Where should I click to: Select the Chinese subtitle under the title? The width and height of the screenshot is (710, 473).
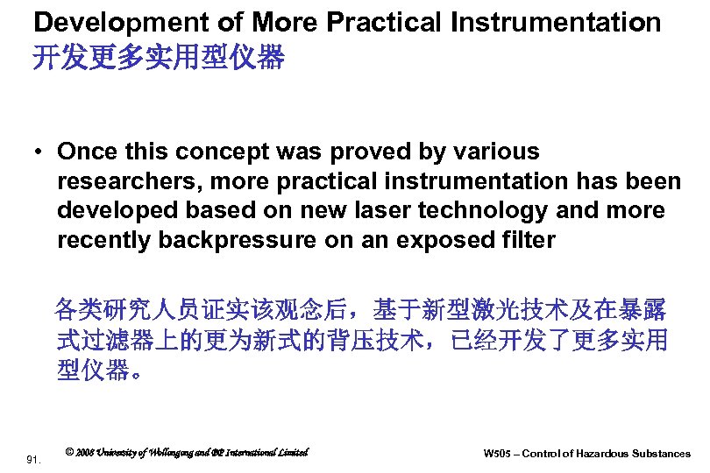click(159, 59)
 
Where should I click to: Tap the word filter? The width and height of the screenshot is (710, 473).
click(529, 240)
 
